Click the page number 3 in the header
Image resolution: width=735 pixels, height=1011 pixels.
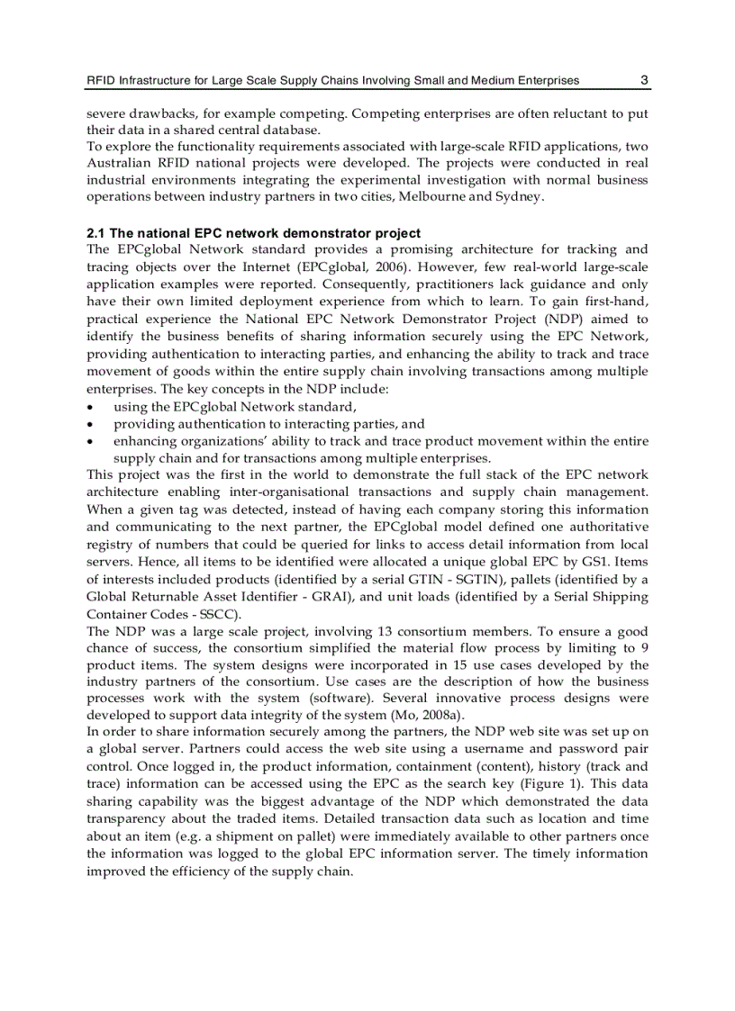tap(644, 80)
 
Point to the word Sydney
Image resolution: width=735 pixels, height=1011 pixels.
tap(516, 196)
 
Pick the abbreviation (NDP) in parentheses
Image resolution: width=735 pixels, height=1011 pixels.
tap(537, 319)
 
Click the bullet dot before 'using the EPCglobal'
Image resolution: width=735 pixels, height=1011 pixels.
tap(91, 407)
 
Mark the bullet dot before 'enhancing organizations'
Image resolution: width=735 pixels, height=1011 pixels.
tap(91, 441)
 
